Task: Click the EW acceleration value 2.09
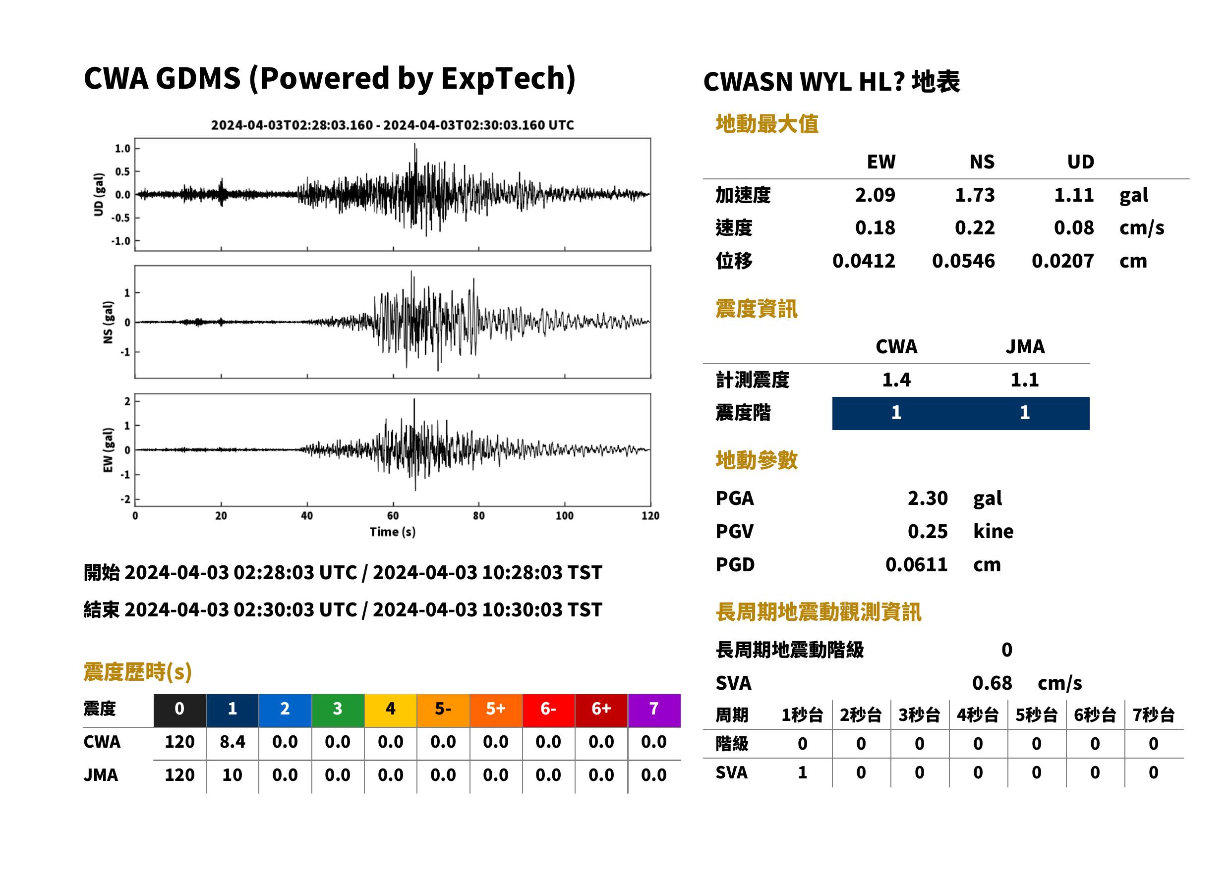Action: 875,195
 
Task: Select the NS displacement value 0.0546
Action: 963,261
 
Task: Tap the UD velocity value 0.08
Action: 1074,227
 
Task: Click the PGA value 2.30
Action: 928,498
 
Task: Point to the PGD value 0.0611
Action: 916,564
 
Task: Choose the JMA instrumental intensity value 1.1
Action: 1024,380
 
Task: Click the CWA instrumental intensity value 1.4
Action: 896,380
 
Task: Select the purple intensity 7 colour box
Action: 654,710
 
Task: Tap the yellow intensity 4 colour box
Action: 391,710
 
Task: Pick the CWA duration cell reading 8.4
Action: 232,742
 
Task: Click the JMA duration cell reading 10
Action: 232,775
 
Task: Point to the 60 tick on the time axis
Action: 393,516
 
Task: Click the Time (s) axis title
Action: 393,532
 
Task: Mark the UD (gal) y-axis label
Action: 99,195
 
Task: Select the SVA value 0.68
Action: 992,683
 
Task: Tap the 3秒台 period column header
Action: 919,714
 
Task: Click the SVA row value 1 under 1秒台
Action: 802,772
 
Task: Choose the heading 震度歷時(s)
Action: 138,672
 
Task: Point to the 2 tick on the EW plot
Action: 127,401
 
